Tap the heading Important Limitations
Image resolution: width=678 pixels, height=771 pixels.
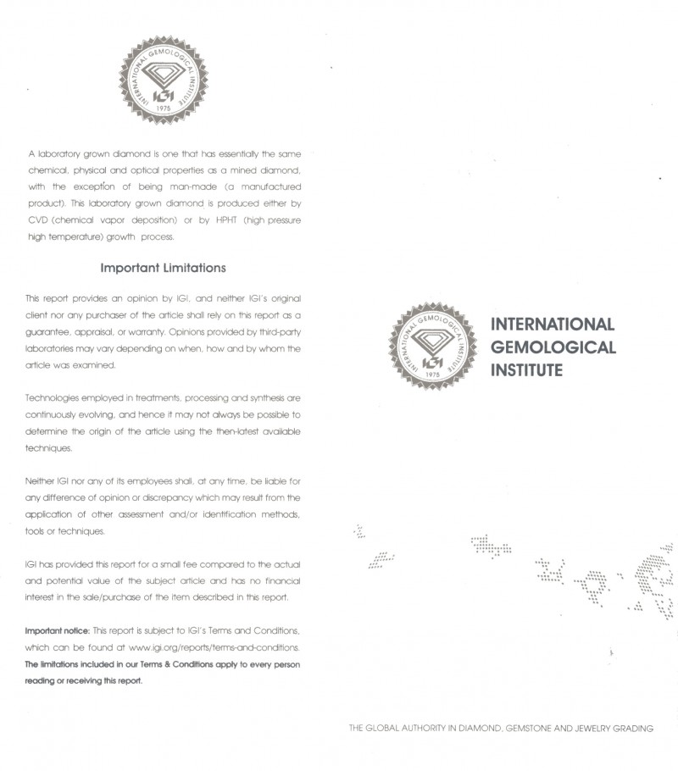(164, 268)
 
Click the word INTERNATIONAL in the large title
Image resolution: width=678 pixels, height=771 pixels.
(553, 324)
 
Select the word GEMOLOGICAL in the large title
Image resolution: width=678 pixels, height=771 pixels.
(553, 347)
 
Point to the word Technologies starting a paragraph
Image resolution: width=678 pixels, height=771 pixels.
(56, 397)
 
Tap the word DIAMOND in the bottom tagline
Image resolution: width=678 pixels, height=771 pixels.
(485, 728)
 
